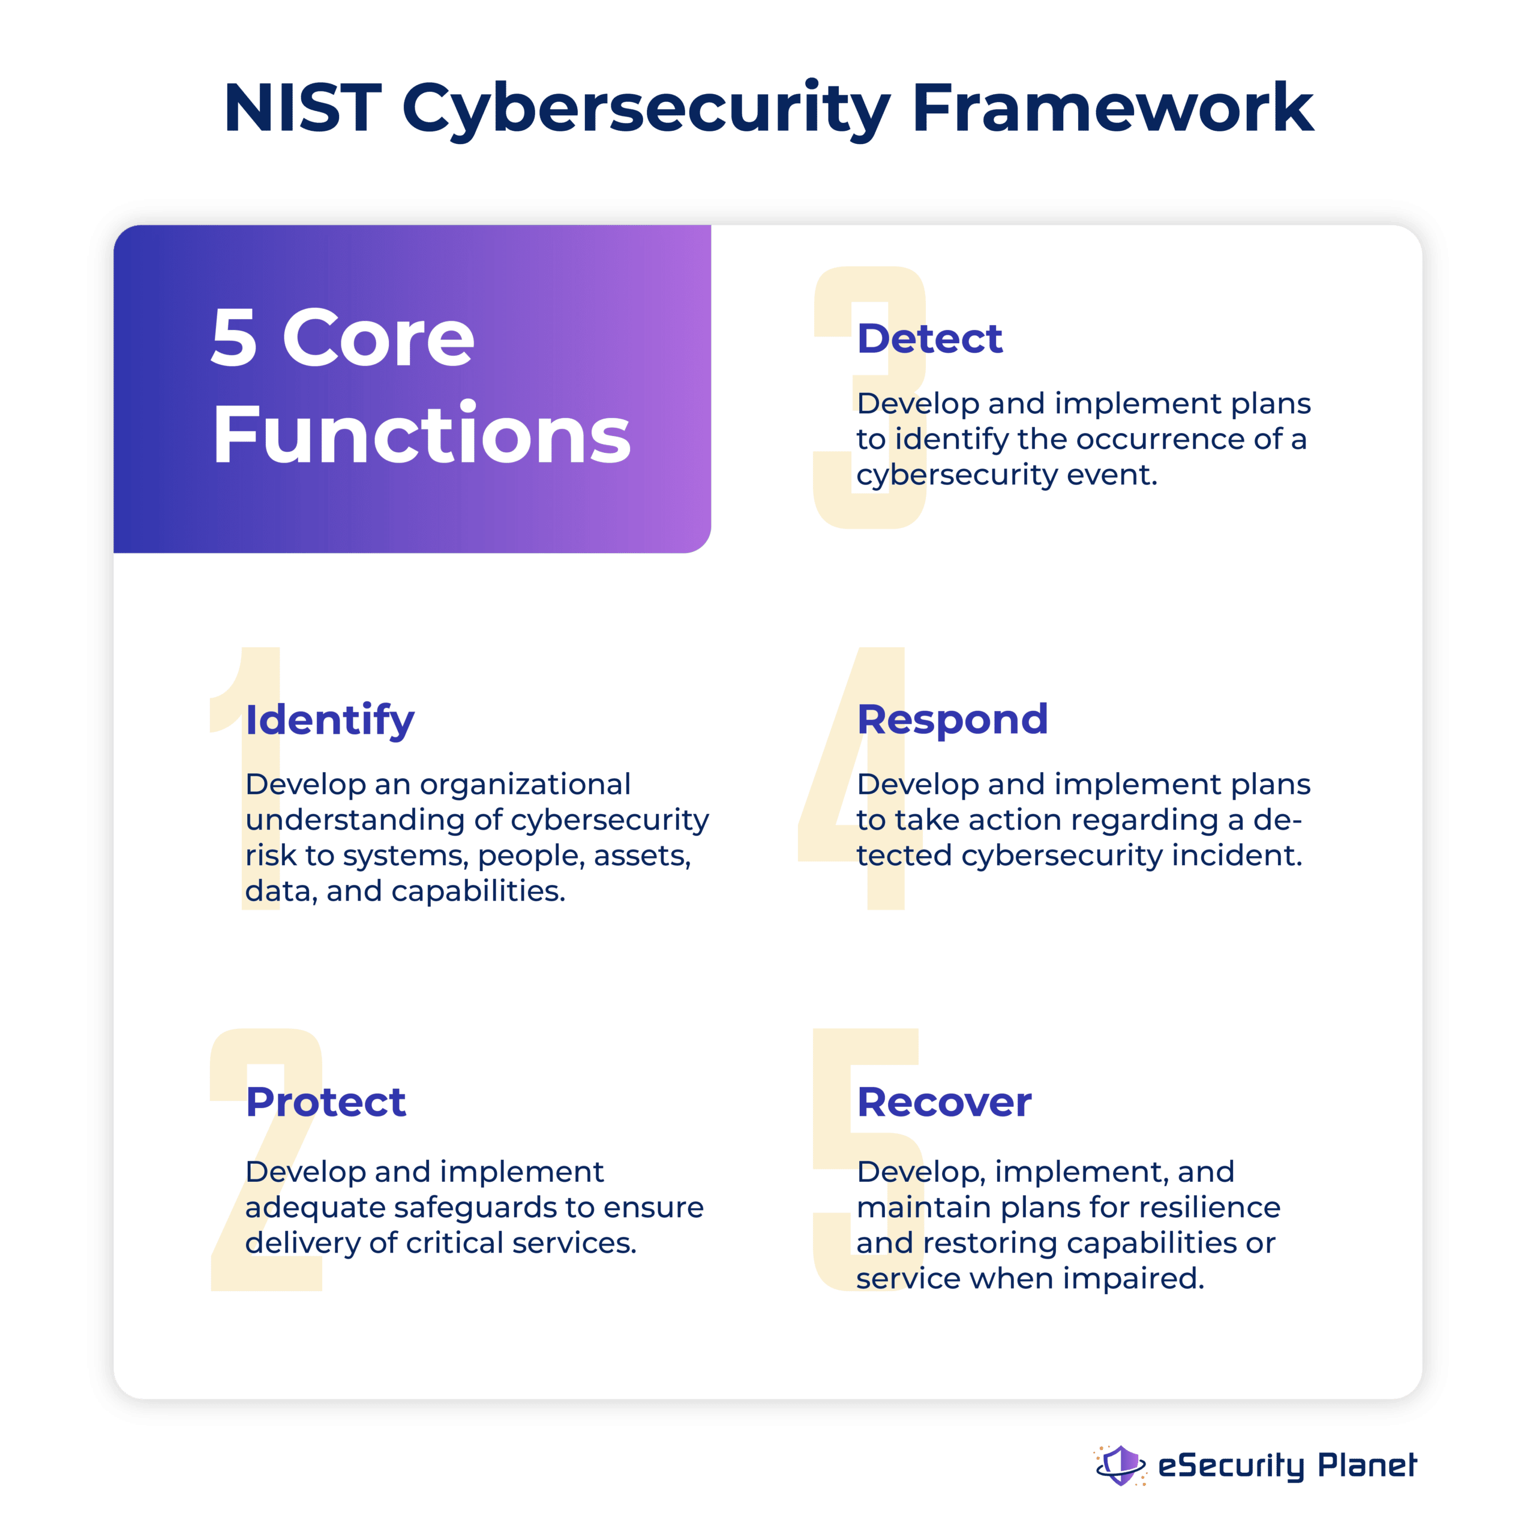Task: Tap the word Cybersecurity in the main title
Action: point(646,110)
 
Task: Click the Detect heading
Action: point(929,339)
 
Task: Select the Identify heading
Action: point(330,721)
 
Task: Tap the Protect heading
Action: point(326,1102)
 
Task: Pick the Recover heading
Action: point(944,1102)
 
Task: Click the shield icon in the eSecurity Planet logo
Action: point(1120,1464)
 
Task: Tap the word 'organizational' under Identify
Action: point(525,785)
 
